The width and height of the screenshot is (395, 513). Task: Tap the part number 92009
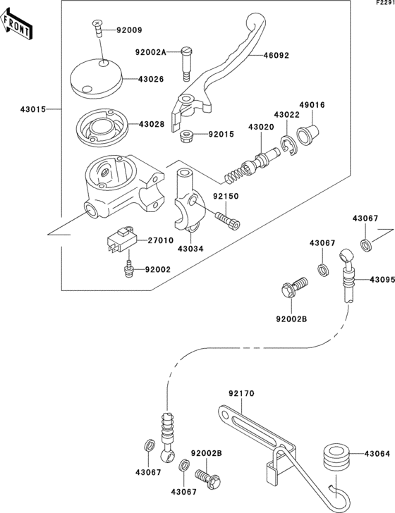point(129,30)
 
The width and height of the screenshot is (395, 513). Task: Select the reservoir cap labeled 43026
point(97,78)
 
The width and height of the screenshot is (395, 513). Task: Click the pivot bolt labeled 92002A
point(186,64)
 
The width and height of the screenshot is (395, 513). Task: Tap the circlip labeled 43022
point(288,145)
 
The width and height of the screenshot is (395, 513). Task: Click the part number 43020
point(261,127)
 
